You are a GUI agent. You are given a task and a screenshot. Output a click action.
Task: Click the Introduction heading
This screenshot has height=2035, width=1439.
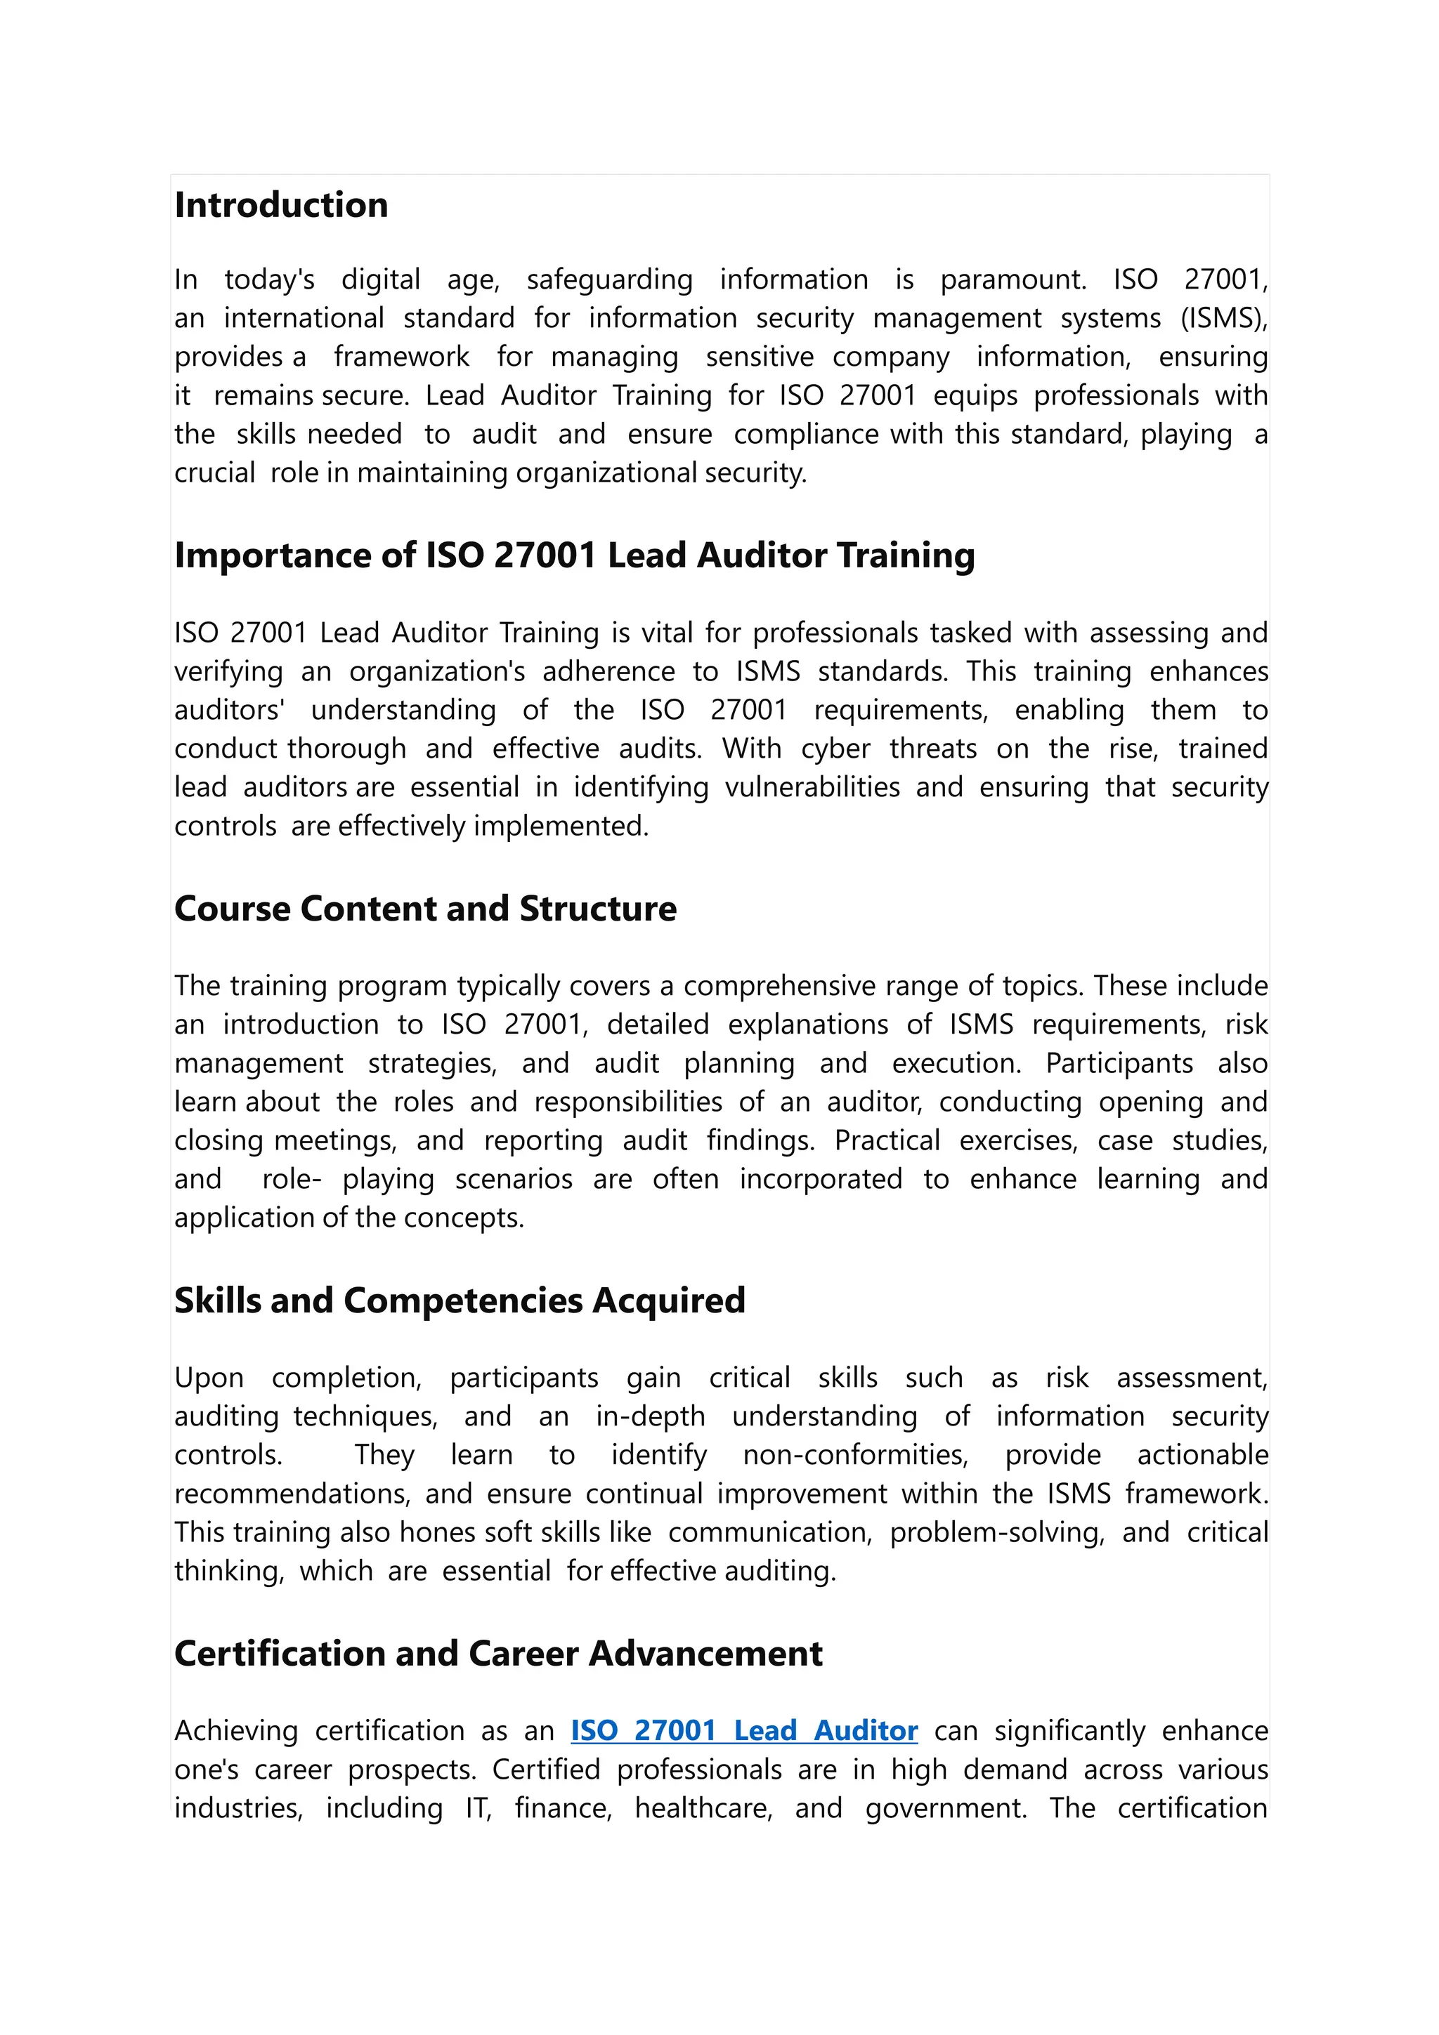point(281,206)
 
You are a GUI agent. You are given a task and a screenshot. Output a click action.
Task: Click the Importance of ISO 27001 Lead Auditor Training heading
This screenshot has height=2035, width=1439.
point(575,555)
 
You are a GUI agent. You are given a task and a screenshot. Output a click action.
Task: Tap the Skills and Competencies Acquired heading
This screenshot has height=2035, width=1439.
point(460,1301)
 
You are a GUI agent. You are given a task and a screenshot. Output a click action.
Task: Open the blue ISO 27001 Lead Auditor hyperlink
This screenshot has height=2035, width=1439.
point(744,1731)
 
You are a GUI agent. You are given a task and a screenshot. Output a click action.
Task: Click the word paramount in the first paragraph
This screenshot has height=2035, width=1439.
point(1012,280)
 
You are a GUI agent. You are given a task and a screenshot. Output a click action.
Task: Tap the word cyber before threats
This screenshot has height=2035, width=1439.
point(836,749)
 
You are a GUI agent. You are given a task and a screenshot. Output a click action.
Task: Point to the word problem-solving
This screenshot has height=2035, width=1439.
point(998,1532)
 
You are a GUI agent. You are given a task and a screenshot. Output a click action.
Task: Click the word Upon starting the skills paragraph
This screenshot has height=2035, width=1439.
point(209,1378)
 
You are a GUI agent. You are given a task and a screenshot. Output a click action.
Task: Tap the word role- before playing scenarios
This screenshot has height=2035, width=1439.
point(292,1180)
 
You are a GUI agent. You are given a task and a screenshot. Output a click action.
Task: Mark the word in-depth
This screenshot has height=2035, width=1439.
point(650,1416)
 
